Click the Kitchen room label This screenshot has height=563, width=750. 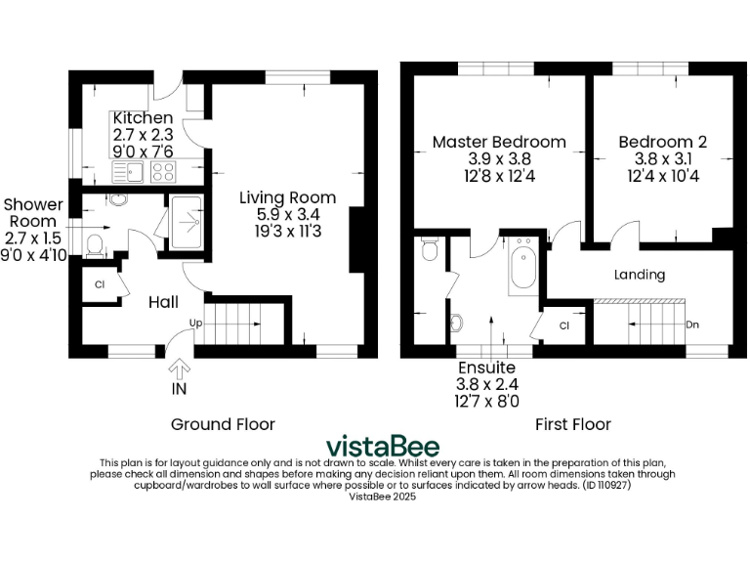[x=143, y=118]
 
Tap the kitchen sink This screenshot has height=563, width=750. [x=130, y=173]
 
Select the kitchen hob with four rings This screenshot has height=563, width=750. [x=162, y=173]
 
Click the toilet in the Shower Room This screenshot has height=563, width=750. [x=94, y=243]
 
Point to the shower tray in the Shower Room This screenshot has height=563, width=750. [x=185, y=223]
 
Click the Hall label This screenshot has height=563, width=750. [x=162, y=303]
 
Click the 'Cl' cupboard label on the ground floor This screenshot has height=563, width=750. [x=100, y=285]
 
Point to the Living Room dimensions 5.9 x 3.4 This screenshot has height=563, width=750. [x=288, y=214]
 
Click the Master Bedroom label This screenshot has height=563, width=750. [x=498, y=142]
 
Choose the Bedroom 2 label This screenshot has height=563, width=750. [x=662, y=142]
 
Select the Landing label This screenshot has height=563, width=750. [x=639, y=275]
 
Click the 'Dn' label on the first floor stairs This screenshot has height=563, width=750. [x=691, y=325]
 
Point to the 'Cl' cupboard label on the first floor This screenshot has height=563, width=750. [x=564, y=325]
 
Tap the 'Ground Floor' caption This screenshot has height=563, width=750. [x=223, y=424]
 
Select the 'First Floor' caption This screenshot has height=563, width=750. [x=572, y=424]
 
